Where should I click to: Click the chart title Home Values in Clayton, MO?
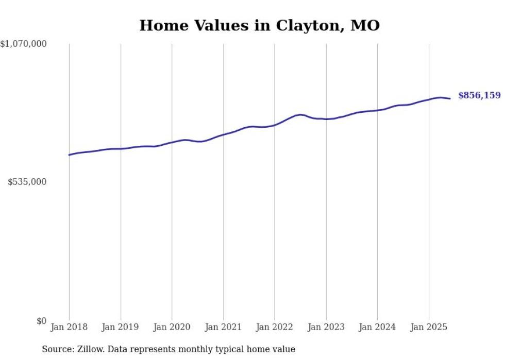click(259, 25)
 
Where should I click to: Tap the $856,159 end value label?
click(479, 95)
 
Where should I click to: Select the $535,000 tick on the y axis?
click(27, 182)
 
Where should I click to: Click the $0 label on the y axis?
click(41, 321)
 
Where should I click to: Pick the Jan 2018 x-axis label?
click(69, 327)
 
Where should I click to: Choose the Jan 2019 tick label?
click(121, 327)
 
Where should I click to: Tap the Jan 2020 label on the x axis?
click(172, 327)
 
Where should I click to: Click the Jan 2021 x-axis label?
click(223, 327)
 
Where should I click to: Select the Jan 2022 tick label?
click(275, 327)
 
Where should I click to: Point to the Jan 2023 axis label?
click(326, 327)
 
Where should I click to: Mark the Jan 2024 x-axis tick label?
click(377, 327)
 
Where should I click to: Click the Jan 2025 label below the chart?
click(429, 327)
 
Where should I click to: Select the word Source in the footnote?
click(57, 349)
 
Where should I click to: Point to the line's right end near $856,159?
click(450, 98)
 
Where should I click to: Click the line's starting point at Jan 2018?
click(69, 155)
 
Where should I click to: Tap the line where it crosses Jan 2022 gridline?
click(275, 125)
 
